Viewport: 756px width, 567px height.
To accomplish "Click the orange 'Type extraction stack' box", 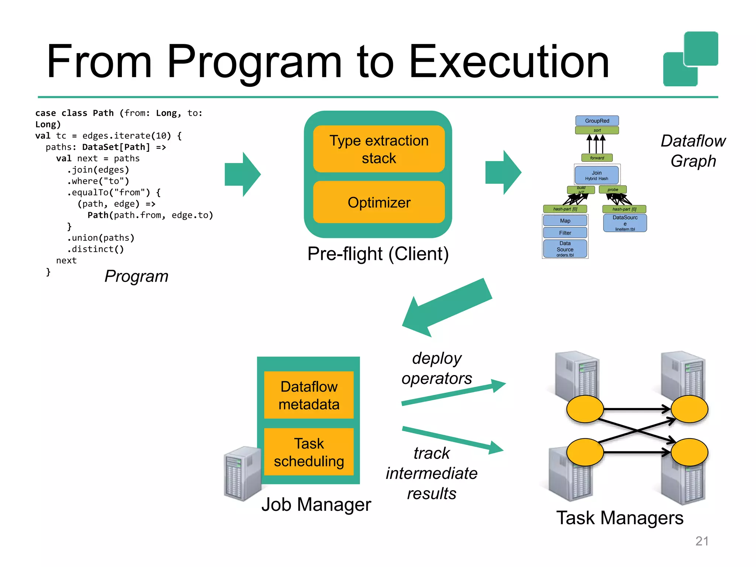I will click(x=379, y=149).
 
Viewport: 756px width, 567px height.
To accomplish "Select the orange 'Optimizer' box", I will click(x=379, y=202).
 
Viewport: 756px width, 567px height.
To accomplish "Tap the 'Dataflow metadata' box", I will click(x=309, y=395).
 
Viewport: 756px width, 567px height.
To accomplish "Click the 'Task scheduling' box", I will click(x=309, y=452).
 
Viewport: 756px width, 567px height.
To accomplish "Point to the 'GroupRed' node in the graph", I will click(x=597, y=121).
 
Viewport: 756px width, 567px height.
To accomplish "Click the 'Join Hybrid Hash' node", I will click(x=597, y=175).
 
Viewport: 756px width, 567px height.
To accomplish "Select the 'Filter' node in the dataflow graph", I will click(x=565, y=233).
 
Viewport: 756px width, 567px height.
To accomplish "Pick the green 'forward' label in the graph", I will click(x=597, y=158).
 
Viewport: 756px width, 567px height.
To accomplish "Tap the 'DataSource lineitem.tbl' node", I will click(x=625, y=223).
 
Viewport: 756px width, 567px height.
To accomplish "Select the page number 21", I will click(x=702, y=541).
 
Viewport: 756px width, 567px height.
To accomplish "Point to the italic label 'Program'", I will click(x=136, y=276).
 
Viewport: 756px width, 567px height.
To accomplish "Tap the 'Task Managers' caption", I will click(x=619, y=518).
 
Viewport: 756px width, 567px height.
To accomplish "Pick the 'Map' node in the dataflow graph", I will click(x=565, y=221).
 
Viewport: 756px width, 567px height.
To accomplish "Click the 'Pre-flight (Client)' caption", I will click(x=378, y=254).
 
